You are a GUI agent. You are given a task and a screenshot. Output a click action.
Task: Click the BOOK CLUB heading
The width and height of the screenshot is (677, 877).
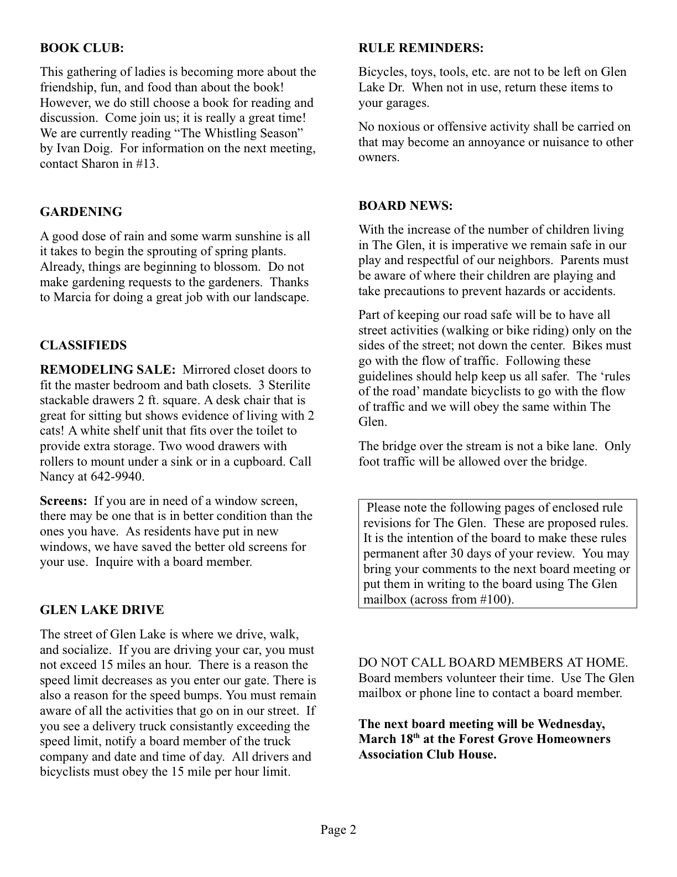(82, 48)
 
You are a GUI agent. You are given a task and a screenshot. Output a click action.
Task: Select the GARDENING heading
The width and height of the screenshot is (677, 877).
(81, 212)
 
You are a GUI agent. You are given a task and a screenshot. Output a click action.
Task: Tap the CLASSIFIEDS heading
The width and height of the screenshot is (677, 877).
(83, 345)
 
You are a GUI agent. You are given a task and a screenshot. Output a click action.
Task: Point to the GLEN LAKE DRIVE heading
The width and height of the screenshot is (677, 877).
(102, 610)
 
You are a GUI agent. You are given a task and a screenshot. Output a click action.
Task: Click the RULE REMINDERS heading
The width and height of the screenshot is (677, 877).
(421, 48)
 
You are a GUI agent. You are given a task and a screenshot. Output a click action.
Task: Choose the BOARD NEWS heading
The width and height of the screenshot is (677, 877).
(405, 206)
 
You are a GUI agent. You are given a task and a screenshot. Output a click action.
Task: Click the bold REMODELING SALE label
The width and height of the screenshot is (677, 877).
(108, 370)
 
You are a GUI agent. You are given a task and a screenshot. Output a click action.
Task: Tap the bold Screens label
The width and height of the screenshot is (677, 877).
(64, 501)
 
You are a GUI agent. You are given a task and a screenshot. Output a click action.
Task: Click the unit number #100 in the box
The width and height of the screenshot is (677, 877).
(495, 600)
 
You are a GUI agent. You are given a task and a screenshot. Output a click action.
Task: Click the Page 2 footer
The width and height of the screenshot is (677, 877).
(338, 829)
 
